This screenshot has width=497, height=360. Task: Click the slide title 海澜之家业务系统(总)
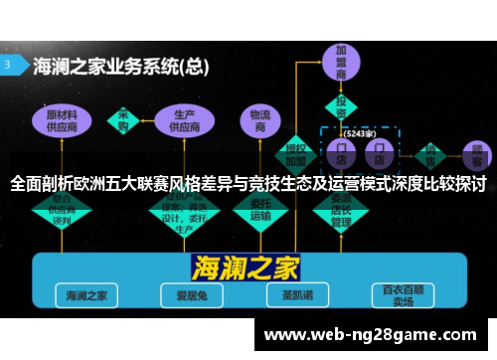(x=120, y=67)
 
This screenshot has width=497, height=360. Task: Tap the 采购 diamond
(x=125, y=120)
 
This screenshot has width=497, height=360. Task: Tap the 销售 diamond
(x=430, y=154)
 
